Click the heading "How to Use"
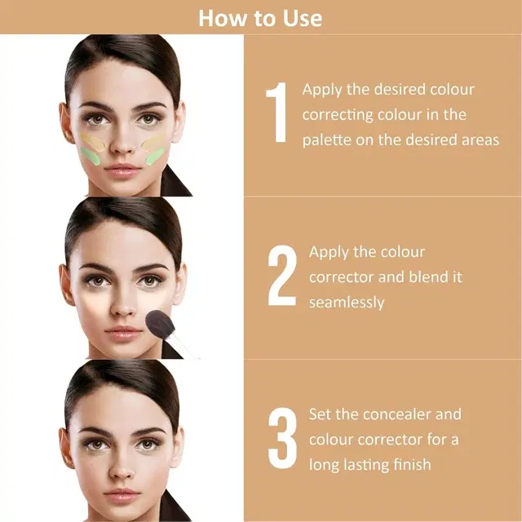[260, 18]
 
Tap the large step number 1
[277, 113]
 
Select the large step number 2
[282, 276]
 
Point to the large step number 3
[282, 438]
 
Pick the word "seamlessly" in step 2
[347, 303]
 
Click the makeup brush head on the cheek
[160, 323]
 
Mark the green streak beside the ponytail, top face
[156, 156]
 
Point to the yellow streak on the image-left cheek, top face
[92, 142]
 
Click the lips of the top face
[122, 170]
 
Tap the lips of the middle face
[123, 333]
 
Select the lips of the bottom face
[122, 495]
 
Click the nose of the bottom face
[122, 467]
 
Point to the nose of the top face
[122, 143]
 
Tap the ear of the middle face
[66, 284]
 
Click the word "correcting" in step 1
[337, 115]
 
